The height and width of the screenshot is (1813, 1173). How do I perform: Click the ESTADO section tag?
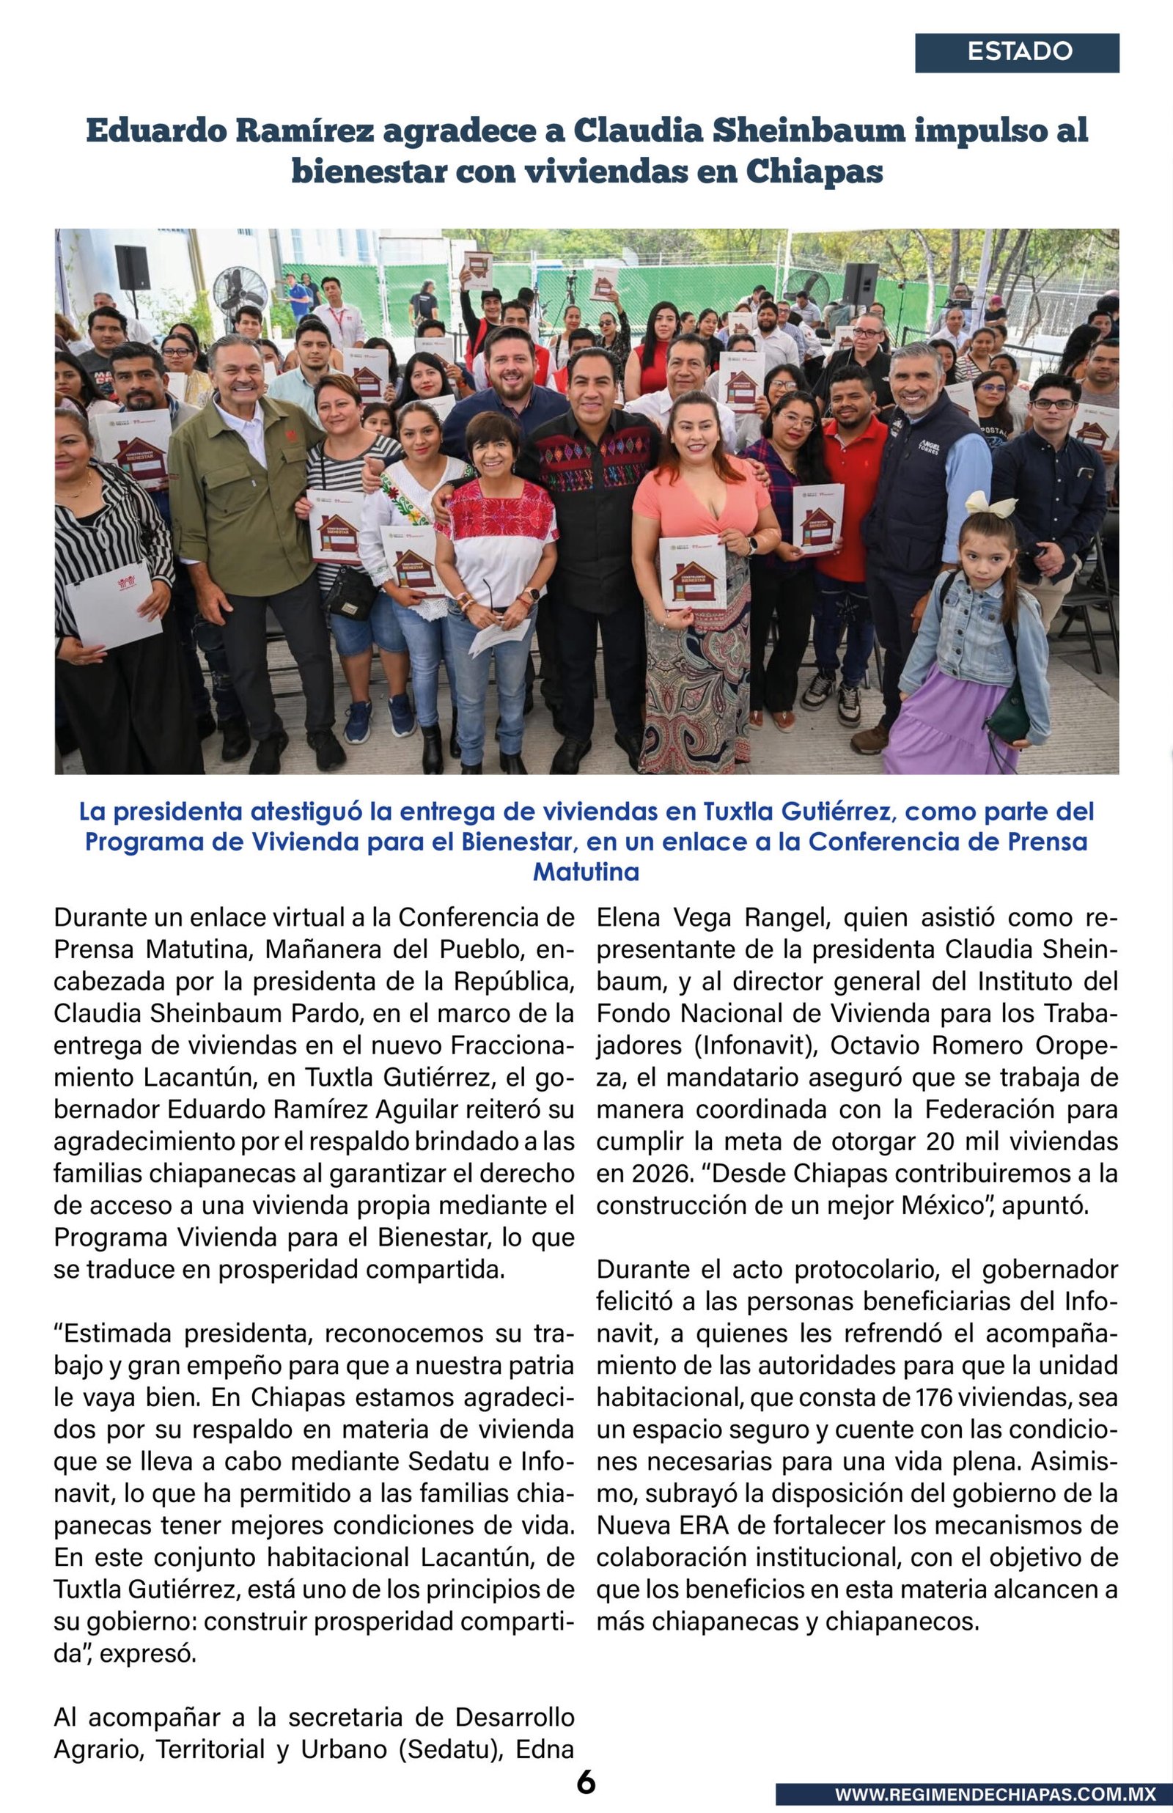(x=1018, y=53)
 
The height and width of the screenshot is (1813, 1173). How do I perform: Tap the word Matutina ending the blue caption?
(x=586, y=872)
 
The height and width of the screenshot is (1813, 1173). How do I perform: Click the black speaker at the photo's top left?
(x=132, y=268)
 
